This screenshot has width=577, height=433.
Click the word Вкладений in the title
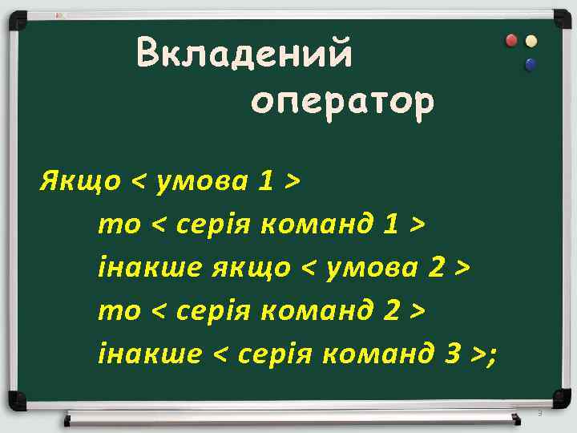(244, 55)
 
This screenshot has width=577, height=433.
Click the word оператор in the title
(342, 102)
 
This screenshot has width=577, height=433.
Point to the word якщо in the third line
(251, 266)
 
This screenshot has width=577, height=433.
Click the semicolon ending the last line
(490, 353)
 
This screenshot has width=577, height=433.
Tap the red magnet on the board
(512, 40)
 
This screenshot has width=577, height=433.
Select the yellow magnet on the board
(531, 41)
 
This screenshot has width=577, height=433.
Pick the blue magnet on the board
(530, 64)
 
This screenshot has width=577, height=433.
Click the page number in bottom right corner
(540, 413)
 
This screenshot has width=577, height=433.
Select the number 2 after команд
(390, 309)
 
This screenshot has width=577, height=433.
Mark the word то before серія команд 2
(119, 310)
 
